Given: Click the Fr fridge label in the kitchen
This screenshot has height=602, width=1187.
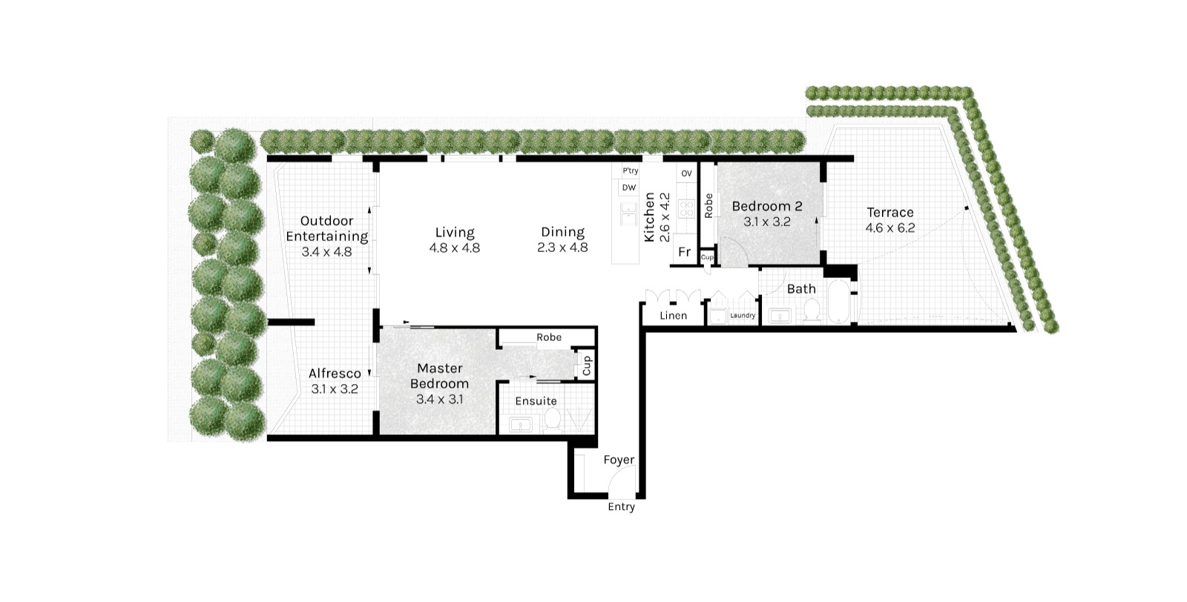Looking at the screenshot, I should click(684, 252).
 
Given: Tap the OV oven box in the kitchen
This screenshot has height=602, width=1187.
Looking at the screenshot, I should click(686, 173).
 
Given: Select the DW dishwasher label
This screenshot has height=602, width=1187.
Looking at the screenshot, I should click(628, 188).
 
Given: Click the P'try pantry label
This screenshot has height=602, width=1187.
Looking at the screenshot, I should click(630, 171).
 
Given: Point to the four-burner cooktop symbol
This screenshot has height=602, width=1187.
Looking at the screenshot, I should click(686, 208).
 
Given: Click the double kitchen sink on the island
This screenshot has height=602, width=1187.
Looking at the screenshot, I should click(629, 214).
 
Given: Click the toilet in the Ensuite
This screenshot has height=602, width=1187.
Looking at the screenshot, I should click(552, 420).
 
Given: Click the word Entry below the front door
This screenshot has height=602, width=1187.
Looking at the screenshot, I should click(621, 507).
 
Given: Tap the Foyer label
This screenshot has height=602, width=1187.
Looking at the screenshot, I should click(619, 460).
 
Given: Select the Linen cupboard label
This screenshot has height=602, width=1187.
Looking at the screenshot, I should click(673, 316).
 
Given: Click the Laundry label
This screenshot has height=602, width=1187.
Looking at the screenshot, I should click(742, 316).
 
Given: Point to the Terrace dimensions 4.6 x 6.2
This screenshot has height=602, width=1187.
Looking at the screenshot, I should click(890, 228).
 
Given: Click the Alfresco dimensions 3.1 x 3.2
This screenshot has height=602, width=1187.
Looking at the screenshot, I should click(334, 388).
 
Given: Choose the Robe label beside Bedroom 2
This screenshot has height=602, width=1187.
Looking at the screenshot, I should click(708, 205).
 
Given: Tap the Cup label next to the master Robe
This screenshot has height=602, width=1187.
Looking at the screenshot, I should click(586, 365).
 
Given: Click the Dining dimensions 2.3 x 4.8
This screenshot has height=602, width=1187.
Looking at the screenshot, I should click(562, 248).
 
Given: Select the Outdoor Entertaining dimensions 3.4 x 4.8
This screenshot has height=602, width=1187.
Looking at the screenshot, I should click(326, 252).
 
